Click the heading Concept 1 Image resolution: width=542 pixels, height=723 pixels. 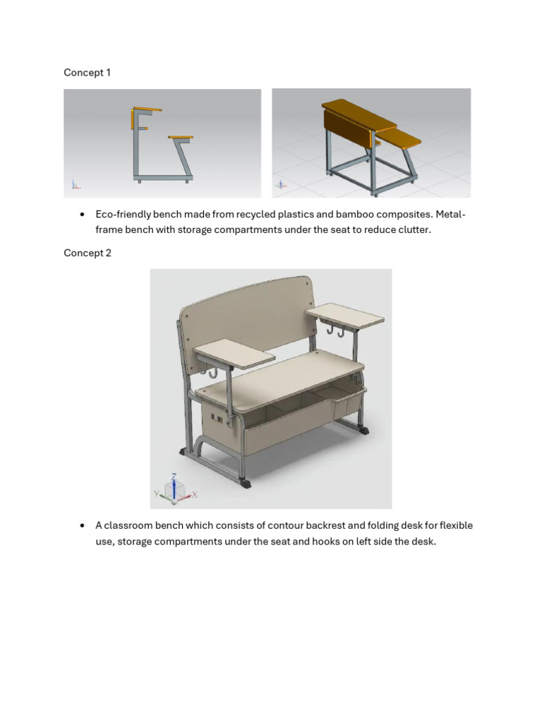[x=87, y=73]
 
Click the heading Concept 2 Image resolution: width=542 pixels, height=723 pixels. [x=87, y=253]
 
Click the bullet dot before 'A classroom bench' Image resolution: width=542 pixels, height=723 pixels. [x=83, y=525]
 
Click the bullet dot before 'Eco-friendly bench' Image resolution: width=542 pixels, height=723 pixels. [x=83, y=215]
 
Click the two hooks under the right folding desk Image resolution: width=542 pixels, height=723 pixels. [x=335, y=329]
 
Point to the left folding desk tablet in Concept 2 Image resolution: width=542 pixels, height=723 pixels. [x=234, y=352]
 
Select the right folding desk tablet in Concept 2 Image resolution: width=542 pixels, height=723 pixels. [x=345, y=313]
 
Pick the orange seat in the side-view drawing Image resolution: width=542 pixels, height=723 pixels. [x=181, y=137]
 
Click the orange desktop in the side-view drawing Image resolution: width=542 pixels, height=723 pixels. [x=146, y=109]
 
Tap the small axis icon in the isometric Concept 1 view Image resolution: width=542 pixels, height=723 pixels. [x=281, y=185]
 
